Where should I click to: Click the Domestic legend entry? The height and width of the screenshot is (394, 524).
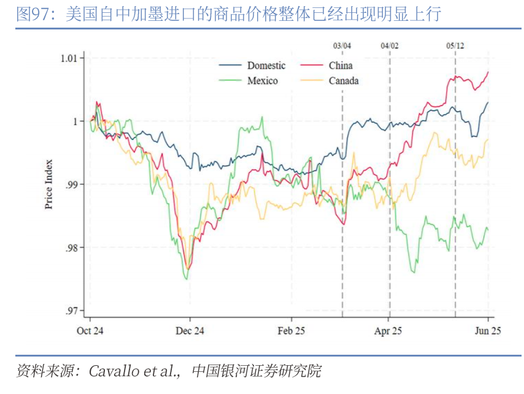pos(266,66)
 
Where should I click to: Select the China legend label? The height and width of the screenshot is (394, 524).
pos(341,66)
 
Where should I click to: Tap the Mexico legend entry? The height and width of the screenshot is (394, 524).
pos(263,81)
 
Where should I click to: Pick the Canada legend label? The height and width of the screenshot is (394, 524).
pos(344,81)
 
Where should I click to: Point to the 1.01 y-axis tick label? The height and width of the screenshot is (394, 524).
pos(69,58)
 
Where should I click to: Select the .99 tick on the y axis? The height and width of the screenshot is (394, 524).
pos(72,185)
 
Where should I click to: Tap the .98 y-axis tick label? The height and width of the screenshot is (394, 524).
pos(72,248)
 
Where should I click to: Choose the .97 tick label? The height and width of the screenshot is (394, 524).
pos(72,311)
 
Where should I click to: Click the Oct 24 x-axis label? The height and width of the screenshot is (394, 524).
pos(90,331)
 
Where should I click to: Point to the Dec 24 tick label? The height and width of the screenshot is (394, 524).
pos(190,331)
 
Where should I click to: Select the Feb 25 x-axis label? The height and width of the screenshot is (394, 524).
pos(291,331)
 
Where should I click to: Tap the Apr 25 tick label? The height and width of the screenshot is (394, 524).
pos(388,331)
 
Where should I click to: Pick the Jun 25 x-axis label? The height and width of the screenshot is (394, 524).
pos(488,331)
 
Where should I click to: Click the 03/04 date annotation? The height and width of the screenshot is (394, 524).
pos(342,45)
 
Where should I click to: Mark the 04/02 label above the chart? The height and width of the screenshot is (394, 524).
pos(389,45)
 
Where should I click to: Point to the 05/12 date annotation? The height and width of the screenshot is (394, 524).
pos(455,45)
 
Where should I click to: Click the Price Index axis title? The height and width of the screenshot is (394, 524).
pos(49,184)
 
